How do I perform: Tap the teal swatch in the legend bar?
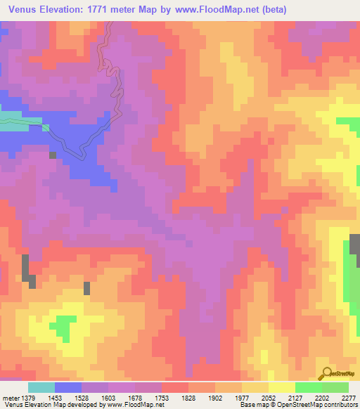pyautogui.click(x=41, y=387)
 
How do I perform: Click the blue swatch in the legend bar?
pyautogui.click(x=68, y=387)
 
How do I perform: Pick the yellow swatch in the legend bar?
pyautogui.click(x=282, y=387)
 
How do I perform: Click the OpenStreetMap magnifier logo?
pyautogui.click(x=326, y=374)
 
